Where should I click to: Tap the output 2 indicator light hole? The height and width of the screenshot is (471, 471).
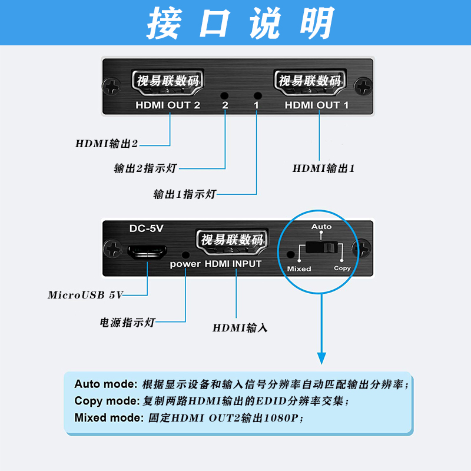click(224, 95)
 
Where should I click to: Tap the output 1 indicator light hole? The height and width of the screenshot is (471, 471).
click(257, 95)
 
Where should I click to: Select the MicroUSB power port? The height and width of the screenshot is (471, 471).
click(147, 252)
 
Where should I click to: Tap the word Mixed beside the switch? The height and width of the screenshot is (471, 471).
click(299, 268)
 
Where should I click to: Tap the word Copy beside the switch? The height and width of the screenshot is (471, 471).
click(342, 268)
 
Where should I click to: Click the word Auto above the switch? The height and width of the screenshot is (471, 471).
click(321, 227)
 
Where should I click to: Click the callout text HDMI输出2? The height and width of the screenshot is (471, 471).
click(107, 143)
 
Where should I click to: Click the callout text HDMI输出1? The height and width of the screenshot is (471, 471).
click(324, 168)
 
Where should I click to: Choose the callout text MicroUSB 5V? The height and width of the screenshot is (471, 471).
click(85, 295)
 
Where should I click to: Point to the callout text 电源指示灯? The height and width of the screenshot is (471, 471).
click(128, 323)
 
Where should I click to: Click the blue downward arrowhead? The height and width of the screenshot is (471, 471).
click(321, 357)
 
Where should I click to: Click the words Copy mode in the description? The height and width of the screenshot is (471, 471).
click(107, 402)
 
